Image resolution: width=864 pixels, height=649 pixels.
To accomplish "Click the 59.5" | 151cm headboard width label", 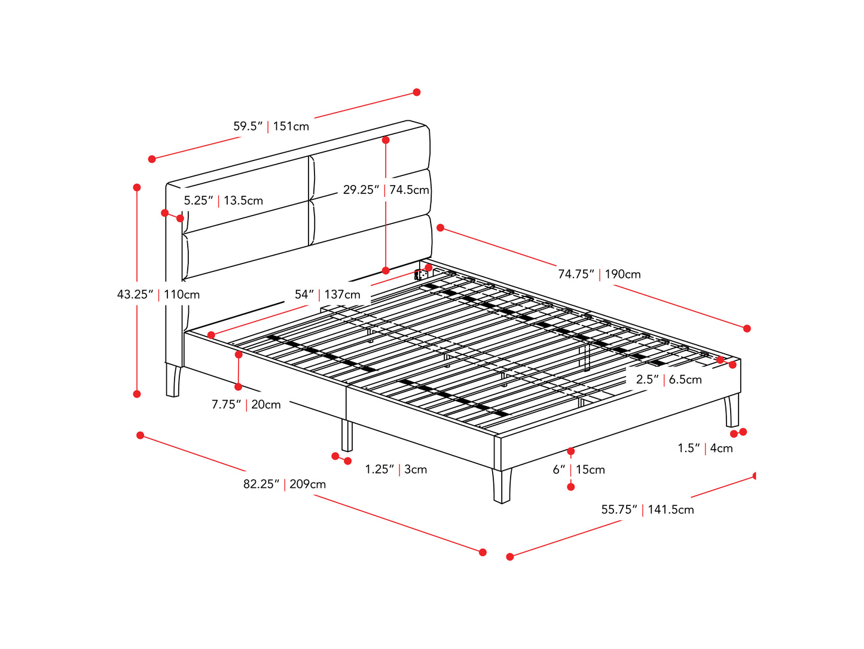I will pos(271,126).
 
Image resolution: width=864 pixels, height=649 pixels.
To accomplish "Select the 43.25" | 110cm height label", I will pos(158,295).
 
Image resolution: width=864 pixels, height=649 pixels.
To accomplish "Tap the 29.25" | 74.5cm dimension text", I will pos(386,190).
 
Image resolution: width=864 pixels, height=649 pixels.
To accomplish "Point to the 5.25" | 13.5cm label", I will pos(223,201).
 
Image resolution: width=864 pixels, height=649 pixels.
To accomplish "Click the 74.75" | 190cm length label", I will pos(599,274).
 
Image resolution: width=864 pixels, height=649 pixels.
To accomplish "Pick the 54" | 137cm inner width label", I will pos(327,295).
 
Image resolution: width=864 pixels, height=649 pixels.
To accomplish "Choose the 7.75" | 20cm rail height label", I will pos(246,405).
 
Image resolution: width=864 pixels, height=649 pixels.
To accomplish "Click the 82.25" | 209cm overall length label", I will pos(284,484).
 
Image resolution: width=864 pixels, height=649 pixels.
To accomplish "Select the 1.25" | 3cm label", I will pos(396,469).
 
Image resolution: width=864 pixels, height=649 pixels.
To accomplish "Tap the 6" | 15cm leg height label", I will pos(578,470).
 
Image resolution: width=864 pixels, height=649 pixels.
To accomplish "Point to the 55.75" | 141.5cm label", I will pos(648,510).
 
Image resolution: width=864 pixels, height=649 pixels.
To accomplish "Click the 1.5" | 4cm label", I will pos(705,448).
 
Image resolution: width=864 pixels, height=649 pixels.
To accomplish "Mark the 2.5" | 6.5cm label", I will pos(668,380).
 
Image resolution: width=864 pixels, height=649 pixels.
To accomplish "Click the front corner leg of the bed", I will pos(502,485).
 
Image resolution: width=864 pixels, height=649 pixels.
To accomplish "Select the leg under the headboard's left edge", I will pos(173,381).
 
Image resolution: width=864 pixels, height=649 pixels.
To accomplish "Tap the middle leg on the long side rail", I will pos(347,435).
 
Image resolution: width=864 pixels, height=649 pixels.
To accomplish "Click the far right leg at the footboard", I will pos(732,411).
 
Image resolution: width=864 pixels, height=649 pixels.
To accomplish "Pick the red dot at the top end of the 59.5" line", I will pos(417,92).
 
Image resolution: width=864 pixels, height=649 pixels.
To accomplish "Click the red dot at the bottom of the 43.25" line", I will pos(137,394).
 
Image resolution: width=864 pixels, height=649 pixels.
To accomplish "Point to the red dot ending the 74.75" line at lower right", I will pos(747,328).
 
